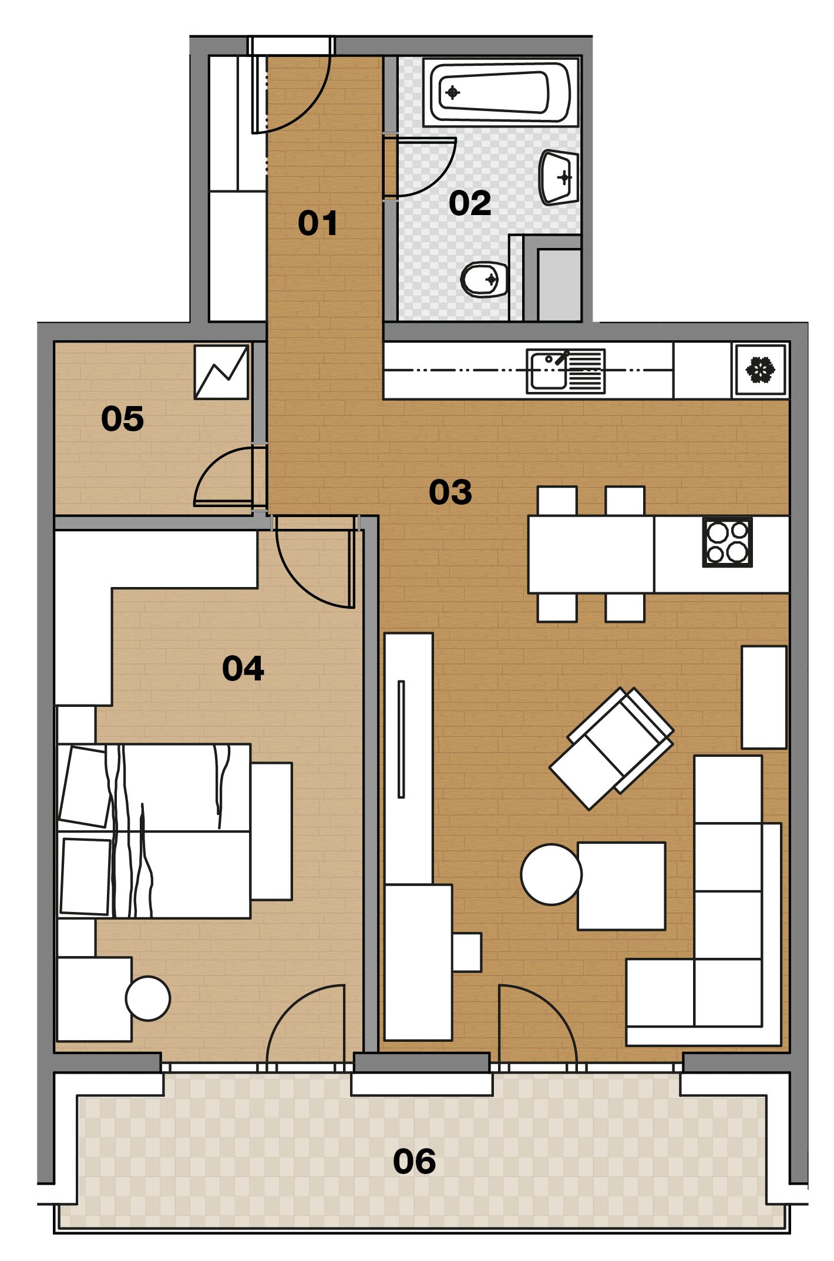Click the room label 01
(318, 223)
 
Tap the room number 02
(470, 203)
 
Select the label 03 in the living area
(450, 492)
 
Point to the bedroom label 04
(243, 668)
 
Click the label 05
(122, 419)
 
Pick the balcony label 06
(415, 1161)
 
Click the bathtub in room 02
(501, 92)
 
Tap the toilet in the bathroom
(485, 279)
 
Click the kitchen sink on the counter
(566, 371)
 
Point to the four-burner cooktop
(728, 542)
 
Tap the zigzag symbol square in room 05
(221, 372)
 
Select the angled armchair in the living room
(611, 749)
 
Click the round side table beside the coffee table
(551, 874)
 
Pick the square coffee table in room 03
(621, 886)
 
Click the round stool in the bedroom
(148, 998)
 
